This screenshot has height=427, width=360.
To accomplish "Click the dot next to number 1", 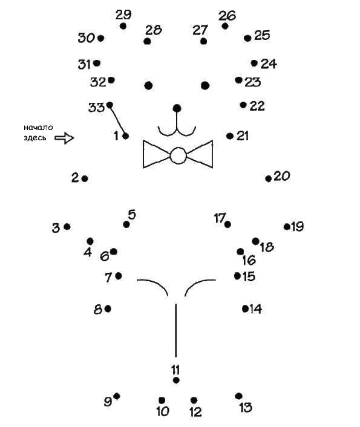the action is [126, 136].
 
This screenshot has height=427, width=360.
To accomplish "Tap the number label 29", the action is [123, 15].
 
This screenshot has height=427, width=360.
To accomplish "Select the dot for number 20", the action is [269, 178].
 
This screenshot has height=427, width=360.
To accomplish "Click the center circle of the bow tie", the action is [178, 155].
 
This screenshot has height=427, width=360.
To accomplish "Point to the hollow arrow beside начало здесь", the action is [64, 138].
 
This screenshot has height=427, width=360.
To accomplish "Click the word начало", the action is [38, 128].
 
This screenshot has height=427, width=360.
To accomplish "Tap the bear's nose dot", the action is [177, 108].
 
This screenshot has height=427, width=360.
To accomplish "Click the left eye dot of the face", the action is [148, 85].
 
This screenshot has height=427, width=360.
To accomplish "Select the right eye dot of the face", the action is [205, 85].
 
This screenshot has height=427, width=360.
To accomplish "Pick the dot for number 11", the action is [176, 380].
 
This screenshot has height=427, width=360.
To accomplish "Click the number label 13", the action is [246, 408].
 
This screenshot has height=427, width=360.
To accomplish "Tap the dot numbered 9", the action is [117, 396].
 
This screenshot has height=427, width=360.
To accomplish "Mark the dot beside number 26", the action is [225, 26].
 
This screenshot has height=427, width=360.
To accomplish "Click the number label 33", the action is [96, 108].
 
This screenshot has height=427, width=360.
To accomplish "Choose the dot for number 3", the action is [67, 227].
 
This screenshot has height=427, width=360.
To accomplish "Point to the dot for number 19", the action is [287, 227].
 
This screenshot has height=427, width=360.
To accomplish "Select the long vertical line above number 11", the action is [176, 330].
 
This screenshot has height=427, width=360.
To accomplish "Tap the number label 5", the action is [132, 215].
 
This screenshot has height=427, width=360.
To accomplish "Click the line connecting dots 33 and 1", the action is [117, 120].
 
